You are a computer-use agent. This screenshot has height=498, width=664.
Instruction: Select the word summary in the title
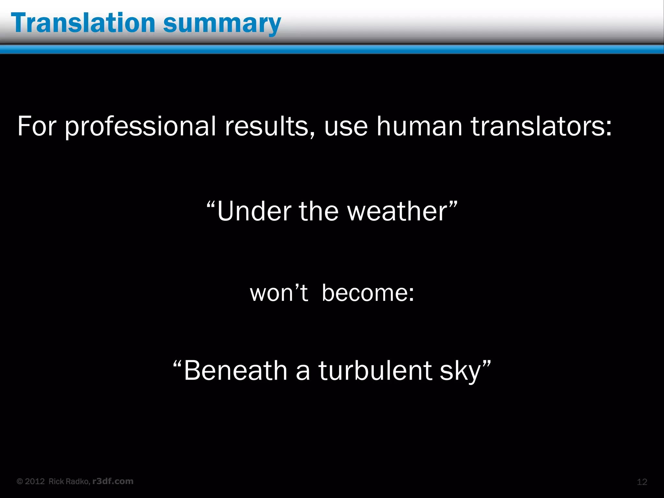tap(222, 25)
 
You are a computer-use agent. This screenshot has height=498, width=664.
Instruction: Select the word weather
tap(397, 211)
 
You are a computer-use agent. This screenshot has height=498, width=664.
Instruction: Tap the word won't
tap(279, 293)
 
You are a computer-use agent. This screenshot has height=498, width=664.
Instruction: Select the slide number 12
tap(642, 482)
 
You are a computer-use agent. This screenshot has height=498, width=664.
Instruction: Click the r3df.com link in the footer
tap(113, 481)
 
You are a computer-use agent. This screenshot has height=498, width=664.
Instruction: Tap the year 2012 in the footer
tap(35, 481)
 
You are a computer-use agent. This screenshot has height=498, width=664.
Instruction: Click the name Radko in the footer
tap(79, 481)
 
